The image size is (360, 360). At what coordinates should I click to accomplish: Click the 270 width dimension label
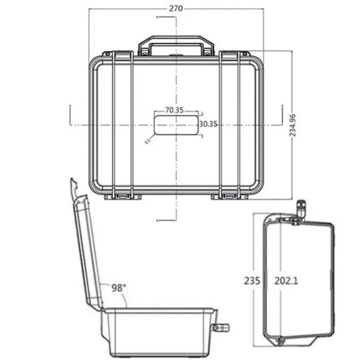(x=175, y=8)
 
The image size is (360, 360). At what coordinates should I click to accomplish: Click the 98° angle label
(x=118, y=288)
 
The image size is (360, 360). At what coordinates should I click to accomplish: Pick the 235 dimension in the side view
(x=252, y=281)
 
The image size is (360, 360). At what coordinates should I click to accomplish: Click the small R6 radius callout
(x=147, y=142)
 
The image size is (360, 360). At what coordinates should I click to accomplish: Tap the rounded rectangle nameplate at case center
(x=175, y=125)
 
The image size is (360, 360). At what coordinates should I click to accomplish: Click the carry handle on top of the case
(x=175, y=45)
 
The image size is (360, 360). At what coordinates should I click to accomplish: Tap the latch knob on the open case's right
(x=222, y=327)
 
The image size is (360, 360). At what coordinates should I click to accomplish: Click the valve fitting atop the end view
(x=301, y=208)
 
